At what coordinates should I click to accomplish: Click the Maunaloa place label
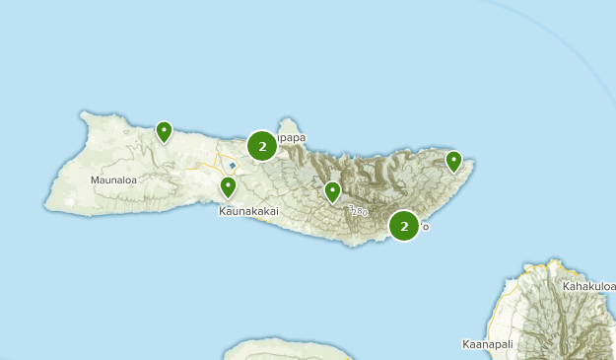click(x=111, y=180)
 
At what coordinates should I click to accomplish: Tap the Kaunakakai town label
click(x=247, y=211)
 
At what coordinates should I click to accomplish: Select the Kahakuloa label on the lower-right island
click(x=588, y=287)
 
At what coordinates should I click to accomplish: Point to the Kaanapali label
click(x=489, y=345)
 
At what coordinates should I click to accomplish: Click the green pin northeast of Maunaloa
click(x=164, y=131)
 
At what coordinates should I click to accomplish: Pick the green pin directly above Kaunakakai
click(x=228, y=186)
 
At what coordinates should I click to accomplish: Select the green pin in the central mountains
click(x=333, y=191)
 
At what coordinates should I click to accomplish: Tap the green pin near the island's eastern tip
click(x=453, y=161)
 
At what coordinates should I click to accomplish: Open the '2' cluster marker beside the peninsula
click(x=261, y=147)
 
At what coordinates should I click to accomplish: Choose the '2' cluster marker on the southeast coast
click(x=404, y=226)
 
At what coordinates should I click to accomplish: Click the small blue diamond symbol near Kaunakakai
click(x=233, y=166)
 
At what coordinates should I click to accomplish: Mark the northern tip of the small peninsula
click(x=288, y=120)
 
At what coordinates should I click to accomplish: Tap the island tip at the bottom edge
click(x=286, y=345)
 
